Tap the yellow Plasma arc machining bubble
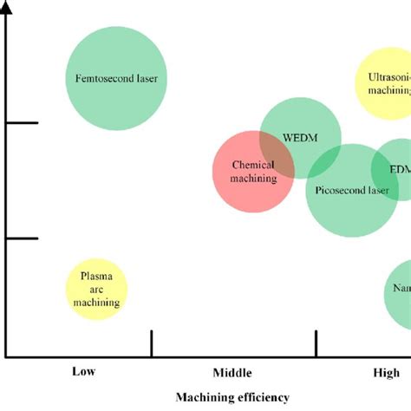pyautogui.click(x=97, y=289)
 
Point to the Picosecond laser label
pyautogui.click(x=351, y=190)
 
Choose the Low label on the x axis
pyautogui.click(x=84, y=372)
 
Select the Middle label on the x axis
pyautogui.click(x=231, y=373)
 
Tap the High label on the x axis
pyautogui.click(x=387, y=372)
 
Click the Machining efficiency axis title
pyautogui.click(x=232, y=397)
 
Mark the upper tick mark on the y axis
pyautogui.click(x=24, y=123)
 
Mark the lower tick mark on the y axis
pyautogui.click(x=24, y=238)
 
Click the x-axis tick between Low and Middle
pyautogui.click(x=153, y=342)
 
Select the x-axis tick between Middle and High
pyautogui.click(x=316, y=342)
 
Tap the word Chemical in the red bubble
pyautogui.click(x=253, y=165)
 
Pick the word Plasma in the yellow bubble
pyautogui.click(x=96, y=277)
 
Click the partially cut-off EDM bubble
pyautogui.click(x=395, y=169)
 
